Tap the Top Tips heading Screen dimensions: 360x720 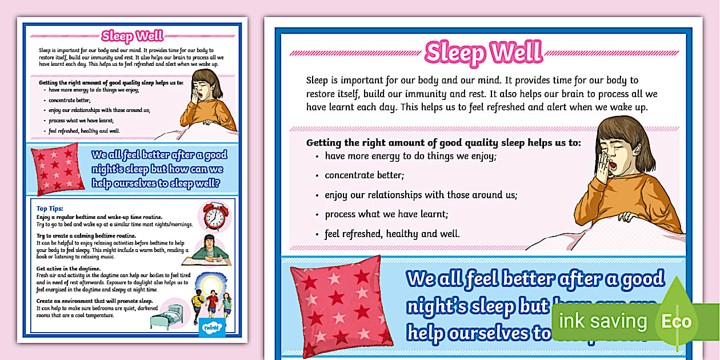[50, 209]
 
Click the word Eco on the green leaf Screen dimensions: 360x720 [677, 321]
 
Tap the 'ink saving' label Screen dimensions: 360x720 [603, 322]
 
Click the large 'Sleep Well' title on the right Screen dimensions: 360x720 [483, 52]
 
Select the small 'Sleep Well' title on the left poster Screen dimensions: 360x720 [132, 37]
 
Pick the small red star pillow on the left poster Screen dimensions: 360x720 [57, 169]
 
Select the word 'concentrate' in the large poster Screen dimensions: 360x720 [350, 175]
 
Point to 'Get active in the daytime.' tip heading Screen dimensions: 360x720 [68, 269]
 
